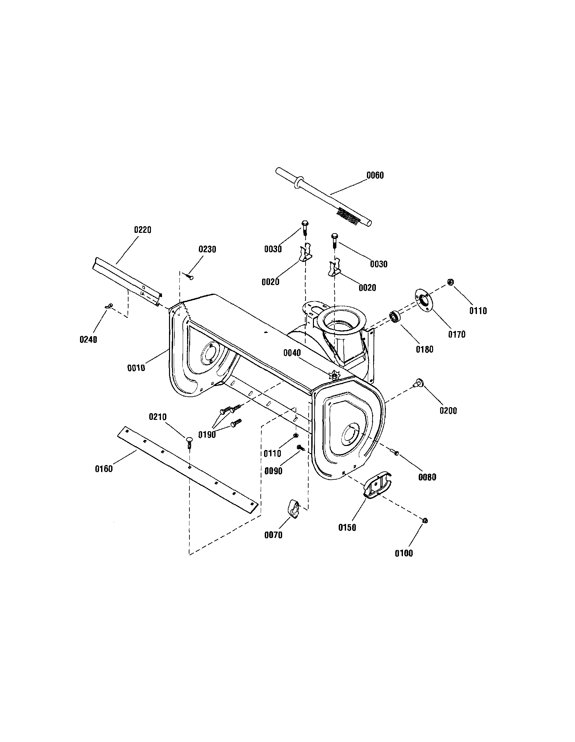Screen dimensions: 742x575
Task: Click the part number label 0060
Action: tap(375, 175)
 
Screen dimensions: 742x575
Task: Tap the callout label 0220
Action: tap(143, 230)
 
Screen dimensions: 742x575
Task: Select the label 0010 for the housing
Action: tap(136, 368)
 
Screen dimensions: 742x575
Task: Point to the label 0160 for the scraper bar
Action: tap(104, 469)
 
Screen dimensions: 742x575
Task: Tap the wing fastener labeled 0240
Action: tap(109, 306)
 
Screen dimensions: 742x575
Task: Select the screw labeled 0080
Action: tap(395, 452)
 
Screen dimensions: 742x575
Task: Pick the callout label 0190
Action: tap(207, 435)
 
